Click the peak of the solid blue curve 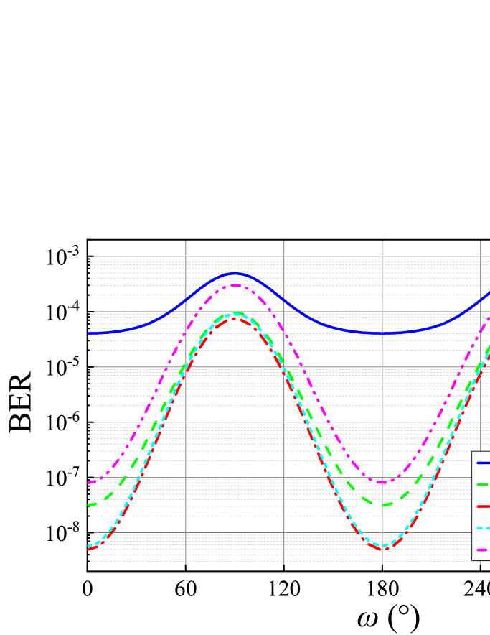[234, 273]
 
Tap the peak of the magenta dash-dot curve [235, 285]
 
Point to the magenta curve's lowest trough [382, 482]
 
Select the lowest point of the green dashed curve [380, 505]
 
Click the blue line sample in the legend [483, 463]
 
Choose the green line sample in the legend [483, 484]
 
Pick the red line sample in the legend [483, 506]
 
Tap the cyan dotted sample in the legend [483, 528]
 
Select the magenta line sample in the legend [483, 550]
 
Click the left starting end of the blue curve [89, 333]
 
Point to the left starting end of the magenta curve [89, 482]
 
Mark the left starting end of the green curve [89, 505]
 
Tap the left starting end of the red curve [89, 549]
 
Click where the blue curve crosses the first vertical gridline [186, 300]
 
